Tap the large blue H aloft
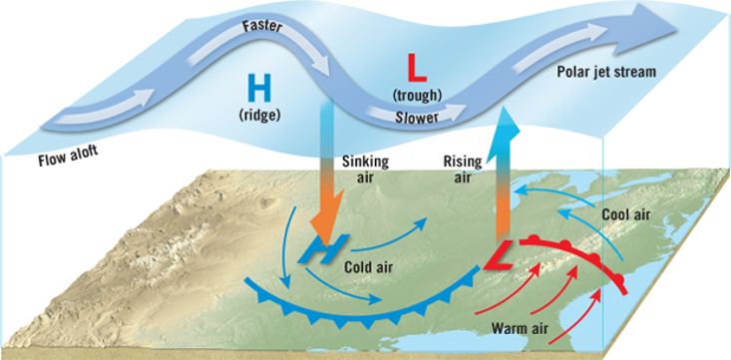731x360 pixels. (x=258, y=90)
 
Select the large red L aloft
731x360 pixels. (x=418, y=69)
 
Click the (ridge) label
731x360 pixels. (x=258, y=115)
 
